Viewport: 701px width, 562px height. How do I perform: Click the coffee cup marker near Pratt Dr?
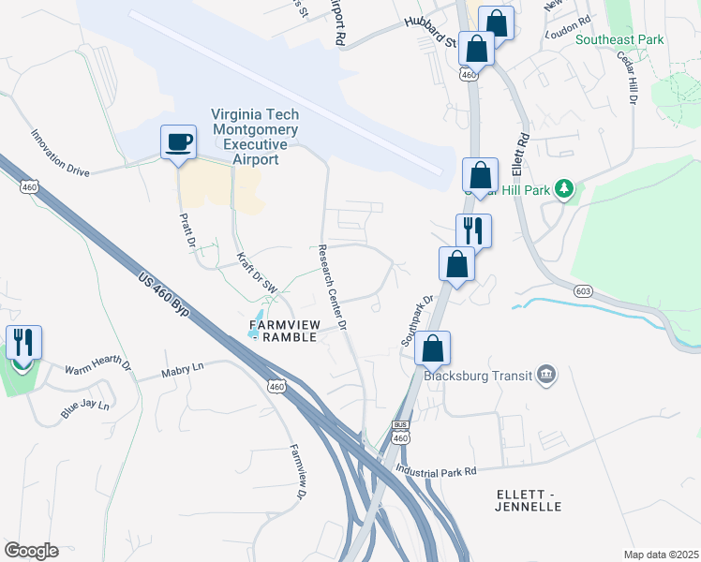point(178,143)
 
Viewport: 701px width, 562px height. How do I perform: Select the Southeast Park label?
point(619,40)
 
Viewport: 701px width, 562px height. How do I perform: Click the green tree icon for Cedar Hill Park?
point(564,189)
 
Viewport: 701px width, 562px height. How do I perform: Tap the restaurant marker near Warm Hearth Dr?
point(22,343)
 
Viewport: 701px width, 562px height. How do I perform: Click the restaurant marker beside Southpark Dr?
point(473,231)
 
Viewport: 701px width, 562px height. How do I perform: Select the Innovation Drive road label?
point(59,154)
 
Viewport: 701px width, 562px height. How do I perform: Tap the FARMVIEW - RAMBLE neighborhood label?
point(285,331)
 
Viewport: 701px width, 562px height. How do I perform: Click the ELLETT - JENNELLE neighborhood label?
point(528,499)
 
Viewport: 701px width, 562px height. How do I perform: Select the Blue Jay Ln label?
point(85,407)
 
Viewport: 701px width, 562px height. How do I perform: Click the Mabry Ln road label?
point(181,369)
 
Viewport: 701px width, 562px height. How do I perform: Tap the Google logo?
point(31,551)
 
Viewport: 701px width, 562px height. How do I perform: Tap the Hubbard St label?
point(429,33)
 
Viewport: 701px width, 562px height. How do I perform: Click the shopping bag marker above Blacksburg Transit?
point(432,348)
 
